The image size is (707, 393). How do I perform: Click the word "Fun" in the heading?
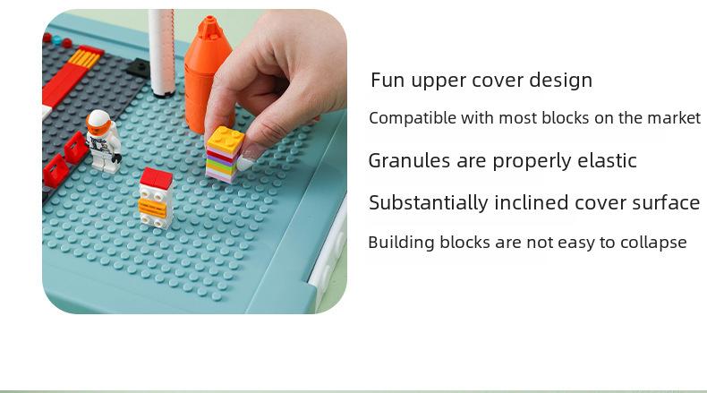coord(388,81)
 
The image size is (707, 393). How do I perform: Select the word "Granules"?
coord(409,160)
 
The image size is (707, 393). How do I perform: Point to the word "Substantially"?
coord(429,203)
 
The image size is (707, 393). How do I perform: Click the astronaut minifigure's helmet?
coord(98,121)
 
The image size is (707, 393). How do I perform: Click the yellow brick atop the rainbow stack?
coord(226,139)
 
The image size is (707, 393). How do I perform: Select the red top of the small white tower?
coord(156,178)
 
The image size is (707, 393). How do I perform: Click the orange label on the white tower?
coord(153,208)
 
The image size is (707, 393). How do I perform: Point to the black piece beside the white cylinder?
coord(138,67)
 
